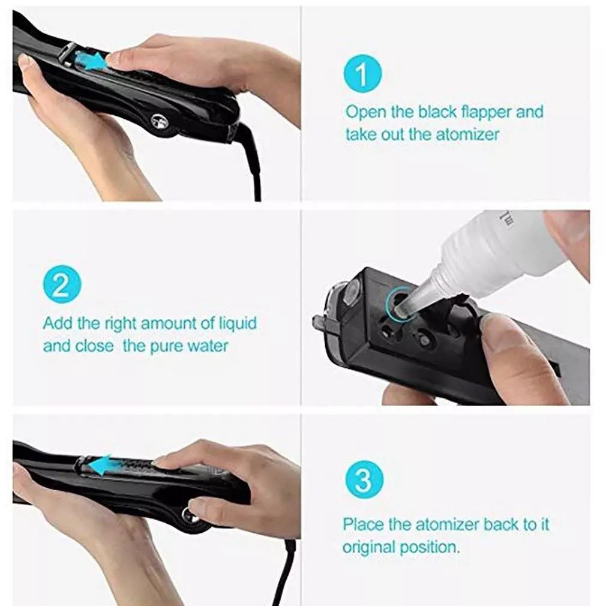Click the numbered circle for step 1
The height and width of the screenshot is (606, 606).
pyautogui.click(x=362, y=76)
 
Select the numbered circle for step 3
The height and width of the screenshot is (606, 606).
pyautogui.click(x=362, y=479)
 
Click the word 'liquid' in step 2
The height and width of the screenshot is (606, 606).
pyautogui.click(x=235, y=323)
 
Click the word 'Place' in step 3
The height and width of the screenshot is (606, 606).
pyautogui.click(x=363, y=524)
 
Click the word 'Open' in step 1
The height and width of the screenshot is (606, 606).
pyautogui.click(x=364, y=112)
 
